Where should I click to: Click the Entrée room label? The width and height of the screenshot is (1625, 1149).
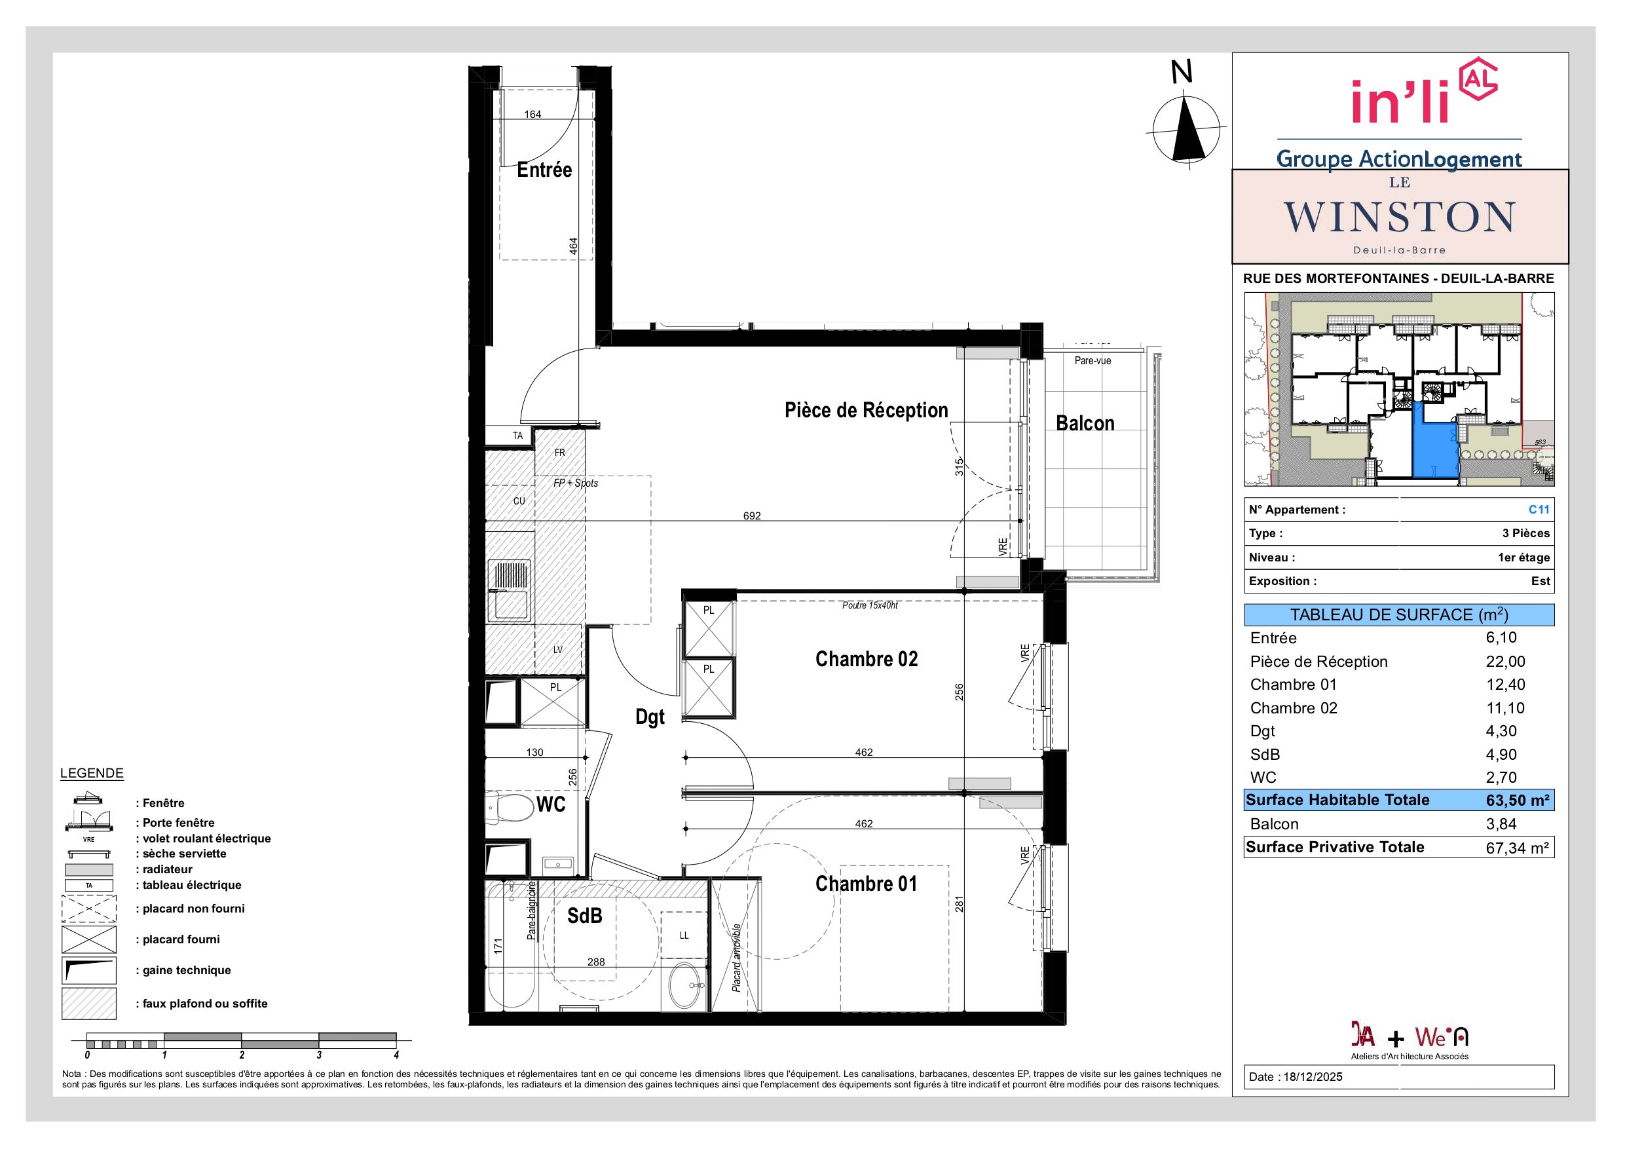pos(544,170)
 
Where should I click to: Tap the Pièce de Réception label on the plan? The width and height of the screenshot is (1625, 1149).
pos(867,411)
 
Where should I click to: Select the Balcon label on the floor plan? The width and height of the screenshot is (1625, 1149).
pos(1085,423)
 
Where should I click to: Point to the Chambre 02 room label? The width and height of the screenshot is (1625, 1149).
pos(867,659)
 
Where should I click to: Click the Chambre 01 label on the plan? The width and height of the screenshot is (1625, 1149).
pos(867,884)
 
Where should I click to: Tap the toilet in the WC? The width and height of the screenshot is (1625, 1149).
pos(510,807)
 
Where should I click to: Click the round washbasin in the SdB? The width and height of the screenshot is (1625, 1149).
pos(684,985)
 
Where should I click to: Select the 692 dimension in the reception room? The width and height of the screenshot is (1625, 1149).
pos(752,516)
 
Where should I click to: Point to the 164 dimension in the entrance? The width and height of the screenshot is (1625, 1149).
pos(532,114)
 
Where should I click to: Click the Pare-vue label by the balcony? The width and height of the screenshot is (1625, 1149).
pos(1093,360)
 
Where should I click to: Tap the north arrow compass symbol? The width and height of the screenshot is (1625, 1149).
pos(1187,130)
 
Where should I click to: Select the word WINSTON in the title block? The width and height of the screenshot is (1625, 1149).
pos(1399,217)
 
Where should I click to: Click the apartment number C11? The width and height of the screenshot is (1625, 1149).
pos(1539,509)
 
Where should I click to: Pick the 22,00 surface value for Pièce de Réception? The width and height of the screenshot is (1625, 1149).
pos(1505,661)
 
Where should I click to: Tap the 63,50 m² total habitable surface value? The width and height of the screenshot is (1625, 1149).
pos(1518,800)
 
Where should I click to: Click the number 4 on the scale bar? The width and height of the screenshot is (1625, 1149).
pos(396,1055)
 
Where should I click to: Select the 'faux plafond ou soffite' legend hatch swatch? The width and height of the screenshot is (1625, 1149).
pos(88,1003)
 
